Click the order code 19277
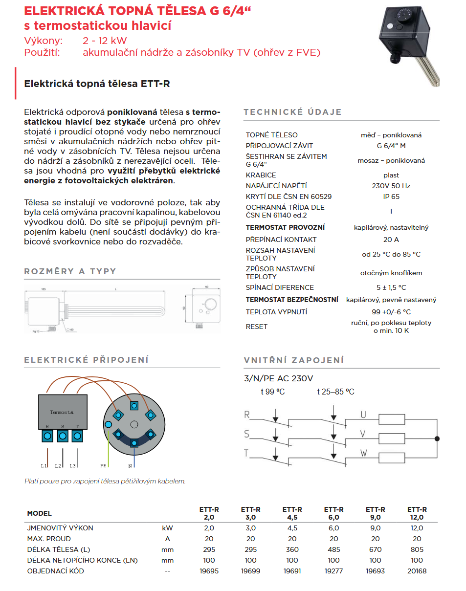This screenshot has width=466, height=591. click(x=334, y=571)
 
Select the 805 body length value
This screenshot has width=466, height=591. click(x=417, y=549)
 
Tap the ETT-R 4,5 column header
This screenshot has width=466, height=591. click(x=292, y=513)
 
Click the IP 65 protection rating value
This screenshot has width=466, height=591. click(x=391, y=197)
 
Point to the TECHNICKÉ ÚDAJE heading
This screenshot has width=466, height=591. click(x=292, y=112)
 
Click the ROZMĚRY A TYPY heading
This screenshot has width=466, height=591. click(x=70, y=271)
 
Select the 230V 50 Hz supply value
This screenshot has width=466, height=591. click(x=391, y=186)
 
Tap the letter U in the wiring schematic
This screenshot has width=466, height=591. click(x=363, y=415)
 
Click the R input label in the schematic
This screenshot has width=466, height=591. click(x=247, y=415)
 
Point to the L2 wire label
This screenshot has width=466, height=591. click(x=58, y=465)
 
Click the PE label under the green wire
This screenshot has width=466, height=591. click(x=104, y=465)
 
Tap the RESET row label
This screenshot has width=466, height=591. click(x=257, y=327)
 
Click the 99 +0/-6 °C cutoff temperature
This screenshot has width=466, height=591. click(x=391, y=312)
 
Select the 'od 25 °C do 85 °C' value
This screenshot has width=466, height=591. click(x=391, y=254)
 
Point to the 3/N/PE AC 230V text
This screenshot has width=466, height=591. click(x=278, y=378)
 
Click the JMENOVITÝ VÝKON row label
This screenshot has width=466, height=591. click(x=60, y=528)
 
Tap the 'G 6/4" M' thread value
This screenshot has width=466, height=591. click(x=391, y=146)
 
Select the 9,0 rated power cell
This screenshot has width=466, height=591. click(x=376, y=528)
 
